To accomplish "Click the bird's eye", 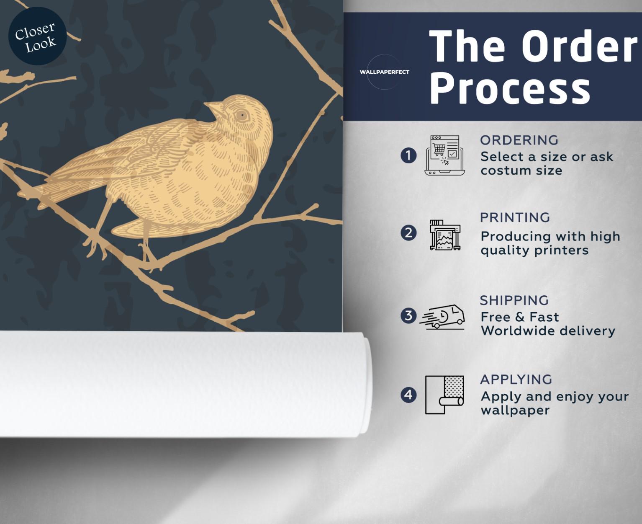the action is (x=242, y=116).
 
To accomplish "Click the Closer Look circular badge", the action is (x=37, y=36).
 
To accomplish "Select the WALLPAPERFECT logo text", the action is (x=384, y=72).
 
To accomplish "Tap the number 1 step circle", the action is (x=408, y=156).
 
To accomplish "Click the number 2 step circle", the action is (x=408, y=233).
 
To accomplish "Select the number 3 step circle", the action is (x=408, y=316).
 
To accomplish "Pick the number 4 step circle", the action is (x=408, y=395).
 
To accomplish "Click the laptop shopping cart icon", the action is (x=445, y=155).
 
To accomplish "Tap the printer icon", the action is (x=445, y=235).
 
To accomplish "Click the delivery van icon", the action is (x=442, y=317).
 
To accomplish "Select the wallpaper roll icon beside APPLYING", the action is (x=444, y=395).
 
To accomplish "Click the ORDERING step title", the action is (x=519, y=140).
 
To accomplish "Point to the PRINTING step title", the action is (x=515, y=217).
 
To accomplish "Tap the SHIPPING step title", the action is (x=514, y=300).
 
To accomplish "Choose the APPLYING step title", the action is (x=516, y=379).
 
